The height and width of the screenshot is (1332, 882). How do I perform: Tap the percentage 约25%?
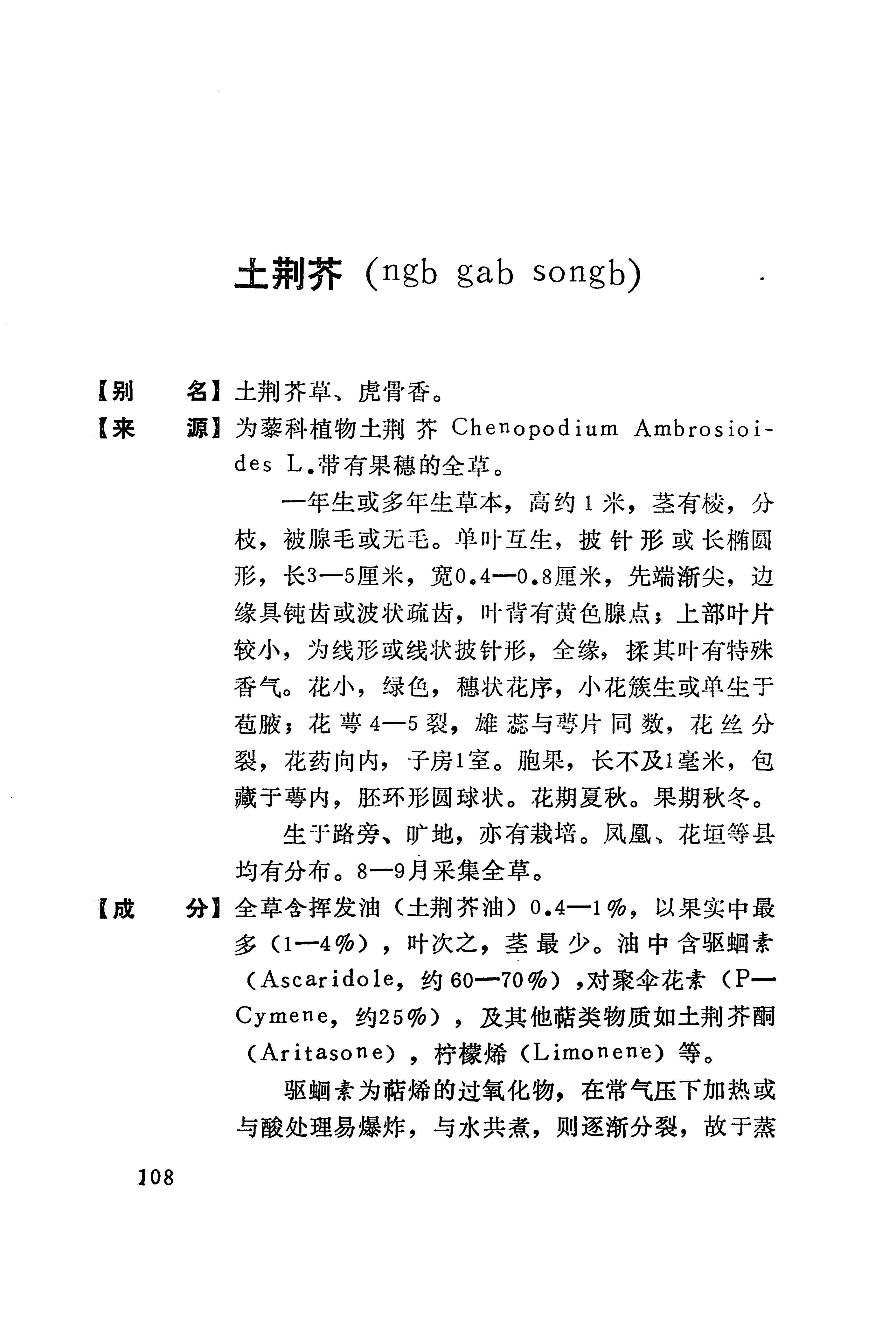[390, 1017]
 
